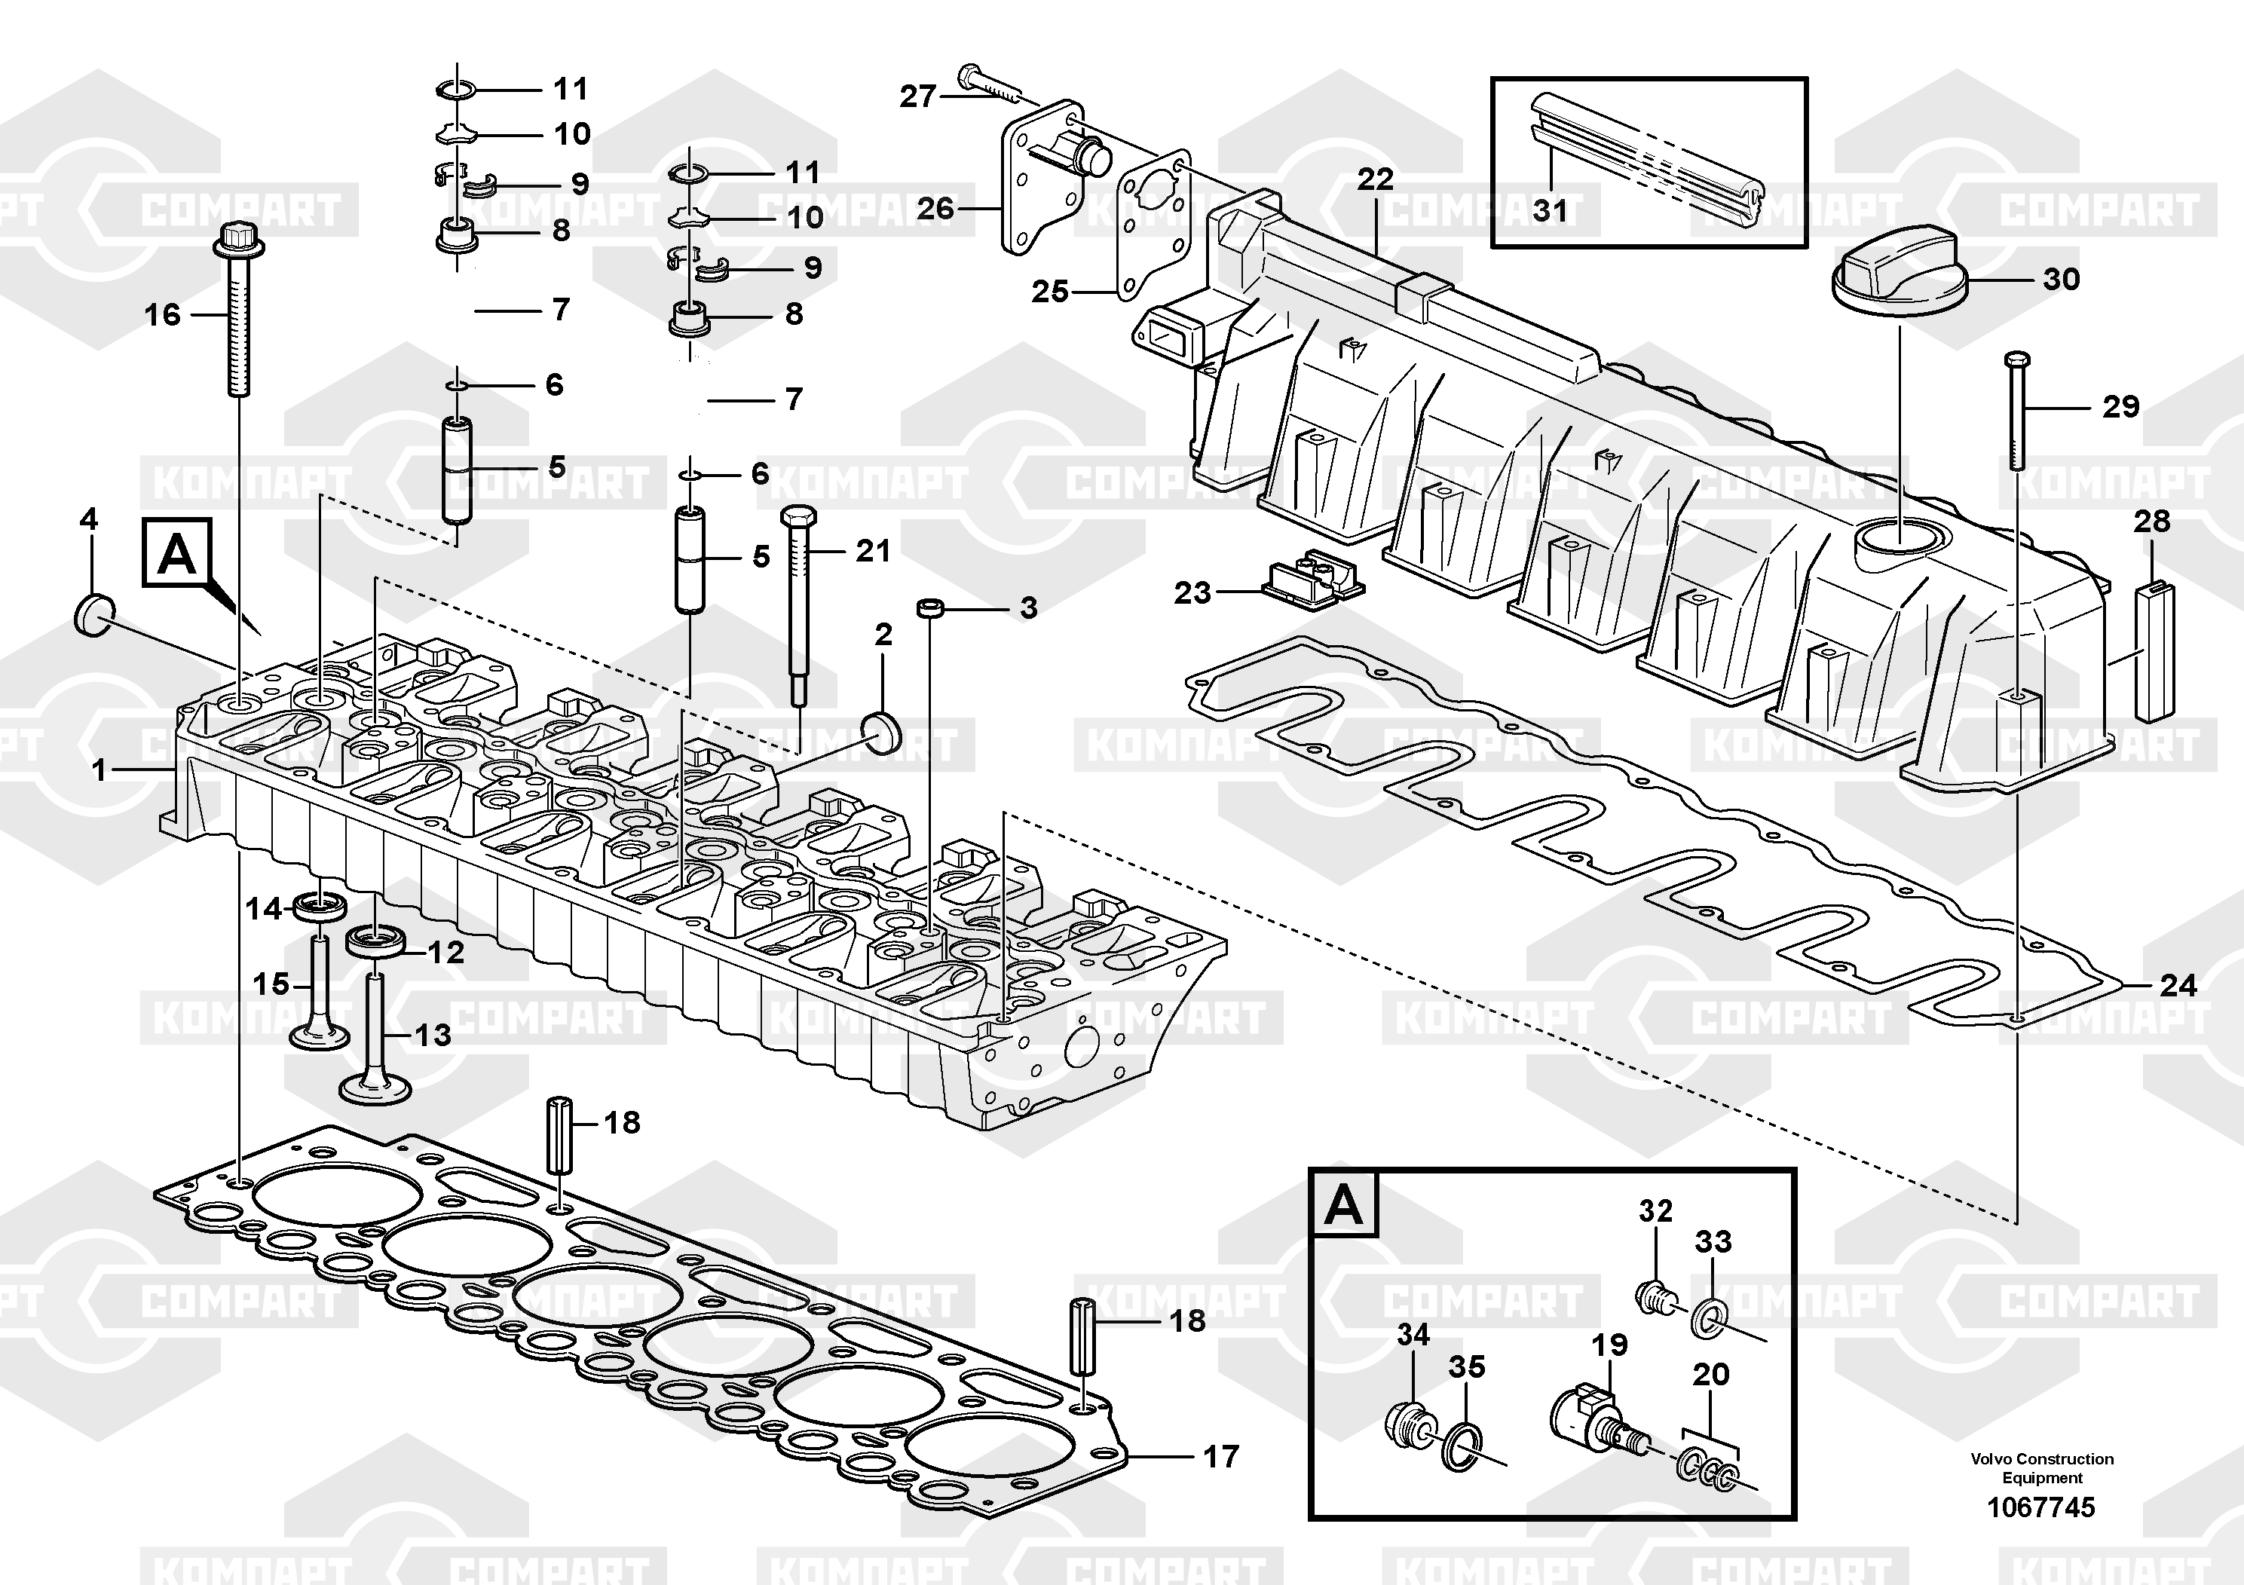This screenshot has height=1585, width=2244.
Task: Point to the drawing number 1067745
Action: (x=2040, y=1508)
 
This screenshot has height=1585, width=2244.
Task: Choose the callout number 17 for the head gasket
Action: (x=1220, y=1457)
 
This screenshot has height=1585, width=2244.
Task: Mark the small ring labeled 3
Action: (x=932, y=609)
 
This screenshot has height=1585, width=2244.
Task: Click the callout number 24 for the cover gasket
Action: (x=2178, y=985)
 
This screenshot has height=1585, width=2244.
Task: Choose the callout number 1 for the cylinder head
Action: (x=99, y=770)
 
